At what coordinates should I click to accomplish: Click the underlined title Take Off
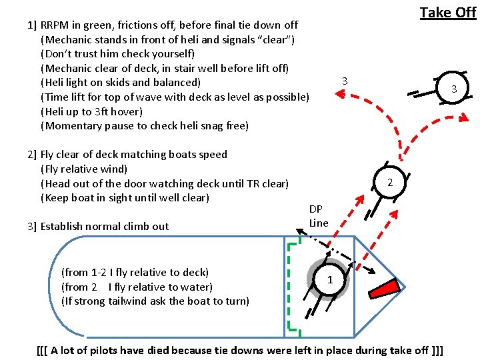(x=447, y=13)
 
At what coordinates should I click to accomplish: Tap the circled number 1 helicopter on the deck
(x=329, y=279)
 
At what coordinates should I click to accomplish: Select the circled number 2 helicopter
(x=390, y=182)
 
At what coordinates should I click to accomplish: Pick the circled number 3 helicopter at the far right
(x=453, y=89)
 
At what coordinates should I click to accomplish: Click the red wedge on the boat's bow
(x=385, y=288)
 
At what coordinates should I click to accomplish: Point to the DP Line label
(x=319, y=216)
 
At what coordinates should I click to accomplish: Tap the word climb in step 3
(x=135, y=226)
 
